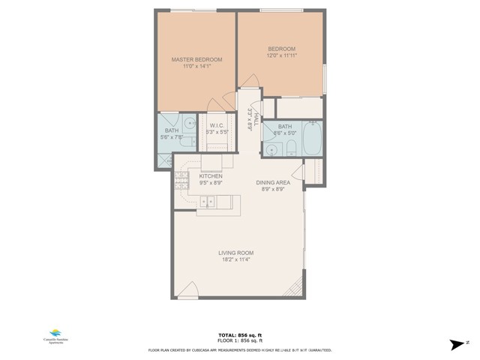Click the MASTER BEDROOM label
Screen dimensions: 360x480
(196, 59)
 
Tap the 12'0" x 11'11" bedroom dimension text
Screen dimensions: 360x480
(281, 55)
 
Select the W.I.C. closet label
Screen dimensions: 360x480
(218, 125)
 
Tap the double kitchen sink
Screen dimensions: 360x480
(208, 201)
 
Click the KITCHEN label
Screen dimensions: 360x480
(210, 176)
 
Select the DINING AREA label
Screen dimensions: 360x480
(270, 183)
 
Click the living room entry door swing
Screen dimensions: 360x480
(190, 290)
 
